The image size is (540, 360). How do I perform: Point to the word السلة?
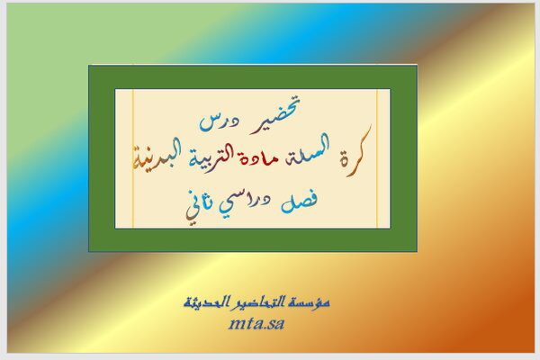coord(310,155)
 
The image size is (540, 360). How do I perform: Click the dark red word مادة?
coord(268,158)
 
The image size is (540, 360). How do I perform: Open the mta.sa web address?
coord(256,323)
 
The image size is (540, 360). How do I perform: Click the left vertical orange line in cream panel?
coord(133,158)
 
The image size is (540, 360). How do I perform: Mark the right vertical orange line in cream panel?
coord(377,158)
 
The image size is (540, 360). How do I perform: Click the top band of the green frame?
coord(253,76)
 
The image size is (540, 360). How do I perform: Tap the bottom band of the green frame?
coord(253,239)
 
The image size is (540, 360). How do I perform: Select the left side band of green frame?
coord(102,158)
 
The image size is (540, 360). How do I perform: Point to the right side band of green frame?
coord(404,158)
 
